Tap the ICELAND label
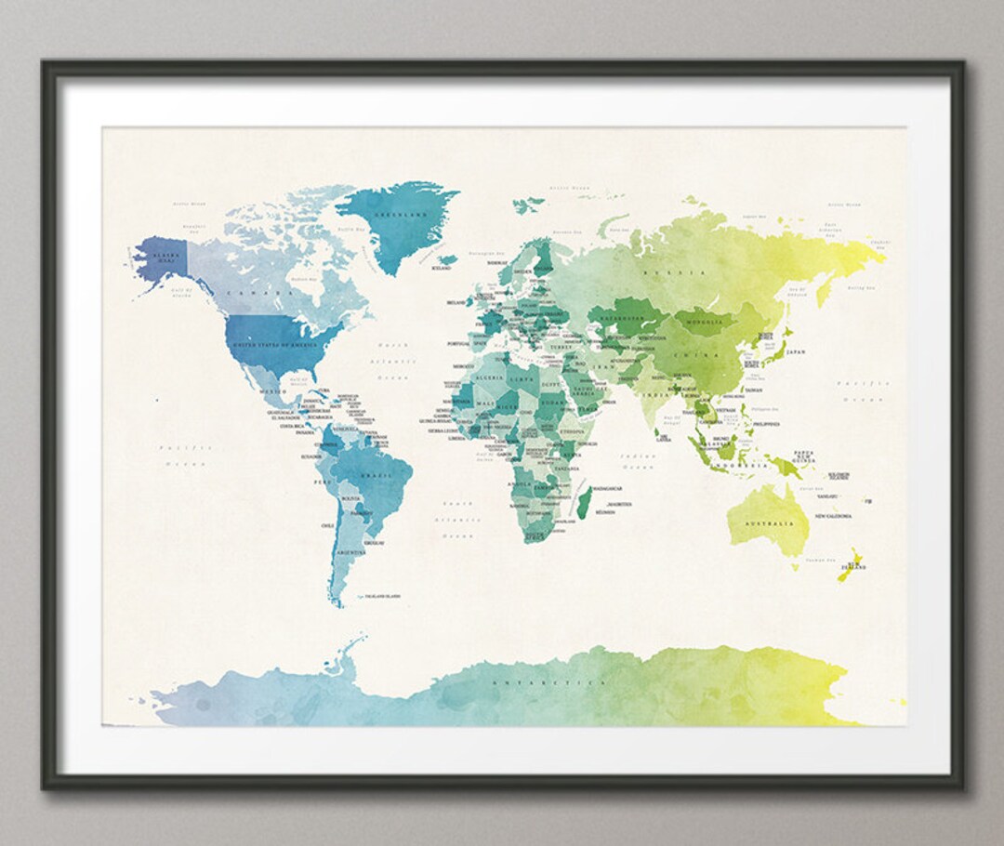(442, 268)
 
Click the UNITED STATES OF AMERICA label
(274, 345)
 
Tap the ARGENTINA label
(352, 552)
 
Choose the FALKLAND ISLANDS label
(381, 596)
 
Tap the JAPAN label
(796, 352)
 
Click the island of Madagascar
(584, 507)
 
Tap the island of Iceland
(448, 259)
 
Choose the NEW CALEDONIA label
(834, 516)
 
